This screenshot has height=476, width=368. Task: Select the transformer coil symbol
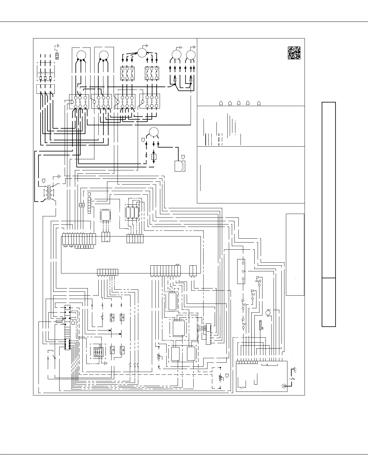[49, 192]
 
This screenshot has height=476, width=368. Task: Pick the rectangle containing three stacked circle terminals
[241, 271]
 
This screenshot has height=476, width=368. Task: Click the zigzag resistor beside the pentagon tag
[220, 377]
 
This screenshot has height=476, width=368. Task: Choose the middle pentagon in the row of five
[239, 103]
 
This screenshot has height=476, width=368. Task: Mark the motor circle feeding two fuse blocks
[141, 53]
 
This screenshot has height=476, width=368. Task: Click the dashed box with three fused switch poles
[45, 73]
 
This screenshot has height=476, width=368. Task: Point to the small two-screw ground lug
[57, 56]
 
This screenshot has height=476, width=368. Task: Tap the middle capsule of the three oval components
[133, 212]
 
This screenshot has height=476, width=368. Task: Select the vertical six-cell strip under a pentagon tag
[89, 205]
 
